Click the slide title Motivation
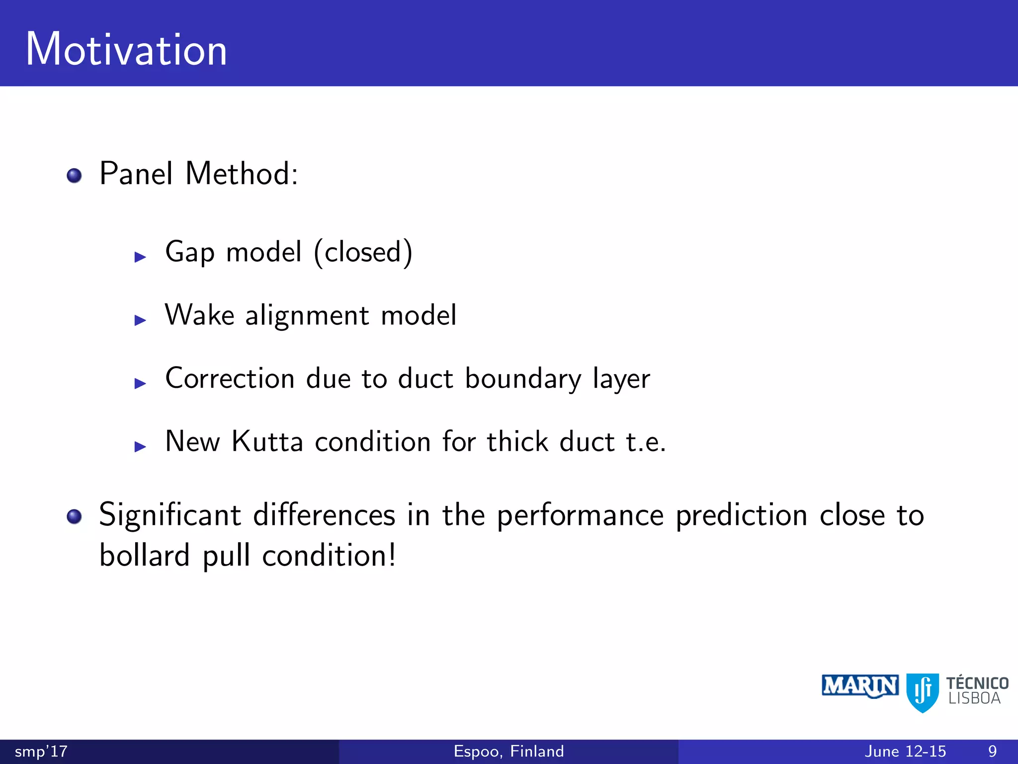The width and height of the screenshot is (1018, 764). coord(126,49)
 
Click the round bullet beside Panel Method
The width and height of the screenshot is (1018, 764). coord(74,176)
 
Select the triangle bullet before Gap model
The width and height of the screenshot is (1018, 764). coord(140,257)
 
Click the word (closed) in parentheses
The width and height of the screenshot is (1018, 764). coord(363,252)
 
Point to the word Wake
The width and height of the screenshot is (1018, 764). coord(199,315)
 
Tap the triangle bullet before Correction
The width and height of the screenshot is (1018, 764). coord(140,383)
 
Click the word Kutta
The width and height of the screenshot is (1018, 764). coord(267,442)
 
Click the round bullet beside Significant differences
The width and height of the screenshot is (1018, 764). coord(74,516)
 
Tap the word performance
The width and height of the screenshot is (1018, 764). coord(580,515)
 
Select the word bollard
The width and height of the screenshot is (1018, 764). coord(144,556)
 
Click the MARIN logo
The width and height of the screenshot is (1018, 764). coord(860,686)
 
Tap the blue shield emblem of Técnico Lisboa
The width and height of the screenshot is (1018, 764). coord(922,692)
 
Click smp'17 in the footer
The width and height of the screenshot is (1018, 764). coord(41,751)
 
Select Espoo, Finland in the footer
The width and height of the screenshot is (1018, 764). coord(509,751)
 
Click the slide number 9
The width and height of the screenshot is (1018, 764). coord(992,751)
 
